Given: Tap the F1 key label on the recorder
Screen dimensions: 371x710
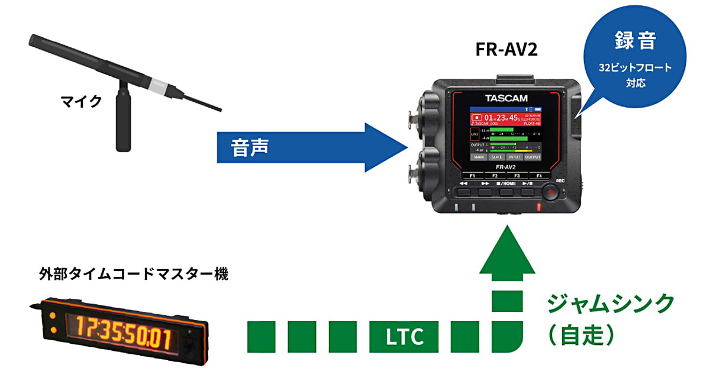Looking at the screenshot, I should click(472, 176).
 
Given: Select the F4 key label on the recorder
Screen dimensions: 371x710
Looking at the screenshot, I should click(539, 176).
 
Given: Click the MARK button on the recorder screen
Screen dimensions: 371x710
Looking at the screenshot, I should click(479, 157).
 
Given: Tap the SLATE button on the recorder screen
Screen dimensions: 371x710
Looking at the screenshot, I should click(496, 157).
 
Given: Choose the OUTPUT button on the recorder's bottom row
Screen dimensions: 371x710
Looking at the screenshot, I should click(533, 157).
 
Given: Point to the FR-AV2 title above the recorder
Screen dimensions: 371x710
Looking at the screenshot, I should click(506, 50).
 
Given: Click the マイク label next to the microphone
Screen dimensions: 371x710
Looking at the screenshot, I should click(81, 101).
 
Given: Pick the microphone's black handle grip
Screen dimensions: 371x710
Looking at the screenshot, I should click(123, 121).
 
